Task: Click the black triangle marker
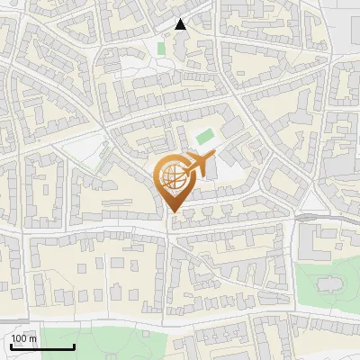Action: pyautogui.click(x=181, y=24)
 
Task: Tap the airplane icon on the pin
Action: pyautogui.click(x=199, y=164)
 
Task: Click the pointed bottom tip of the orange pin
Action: pyautogui.click(x=174, y=212)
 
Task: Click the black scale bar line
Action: pyautogui.click(x=42, y=346)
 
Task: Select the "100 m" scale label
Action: pyautogui.click(x=24, y=338)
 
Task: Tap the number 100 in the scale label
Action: pyautogui.click(x=20, y=338)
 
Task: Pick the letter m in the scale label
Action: pyautogui.click(x=33, y=339)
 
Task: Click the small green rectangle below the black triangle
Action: pyautogui.click(x=161, y=48)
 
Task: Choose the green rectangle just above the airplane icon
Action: pyautogui.click(x=206, y=136)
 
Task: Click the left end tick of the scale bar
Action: pyautogui.click(x=11, y=345)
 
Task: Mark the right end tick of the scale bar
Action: pyautogui.click(x=74, y=345)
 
